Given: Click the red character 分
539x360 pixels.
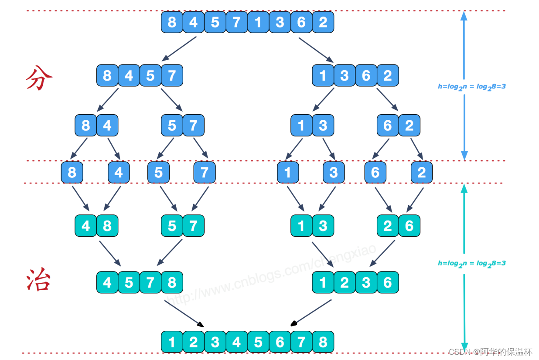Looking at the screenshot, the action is pos(39,78).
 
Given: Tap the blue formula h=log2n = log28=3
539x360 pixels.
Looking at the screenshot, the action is pos(471,86).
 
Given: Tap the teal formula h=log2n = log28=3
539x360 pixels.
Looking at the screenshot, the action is pos(471,263).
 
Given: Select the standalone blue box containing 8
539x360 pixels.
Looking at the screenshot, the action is pos(72,172).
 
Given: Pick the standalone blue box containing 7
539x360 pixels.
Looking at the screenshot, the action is pos(205,172).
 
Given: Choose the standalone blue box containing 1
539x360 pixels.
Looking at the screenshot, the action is pos(288,172).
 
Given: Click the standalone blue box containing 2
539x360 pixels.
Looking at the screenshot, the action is pos(422,172).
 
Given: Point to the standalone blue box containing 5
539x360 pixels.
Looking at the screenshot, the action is pos(158,172).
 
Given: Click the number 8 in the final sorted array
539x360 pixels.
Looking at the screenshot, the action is pos(323,342).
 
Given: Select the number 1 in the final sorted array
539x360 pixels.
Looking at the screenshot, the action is pos(172,342).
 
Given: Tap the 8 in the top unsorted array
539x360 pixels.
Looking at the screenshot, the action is pos(172,22).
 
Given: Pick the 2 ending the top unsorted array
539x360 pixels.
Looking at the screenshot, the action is pos(323,22).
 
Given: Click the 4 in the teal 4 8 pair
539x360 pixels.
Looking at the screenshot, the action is pos(86,226).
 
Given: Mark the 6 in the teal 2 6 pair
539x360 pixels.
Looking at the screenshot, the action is pos(409,226).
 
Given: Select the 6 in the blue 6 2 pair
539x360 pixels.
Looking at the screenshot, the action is pos(388,126).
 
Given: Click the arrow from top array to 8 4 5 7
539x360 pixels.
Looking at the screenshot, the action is pos(179,48).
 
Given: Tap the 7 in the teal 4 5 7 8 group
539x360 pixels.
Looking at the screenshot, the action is pos(150,282).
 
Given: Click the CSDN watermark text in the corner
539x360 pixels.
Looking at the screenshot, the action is pos(491,351).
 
